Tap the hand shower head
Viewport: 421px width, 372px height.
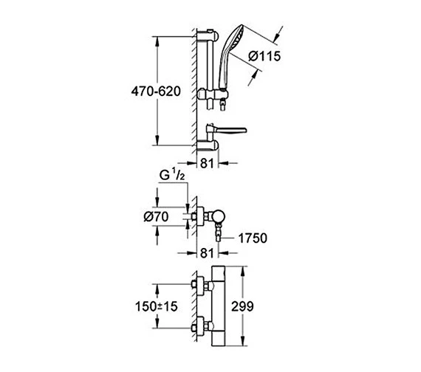coord(233,46)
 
